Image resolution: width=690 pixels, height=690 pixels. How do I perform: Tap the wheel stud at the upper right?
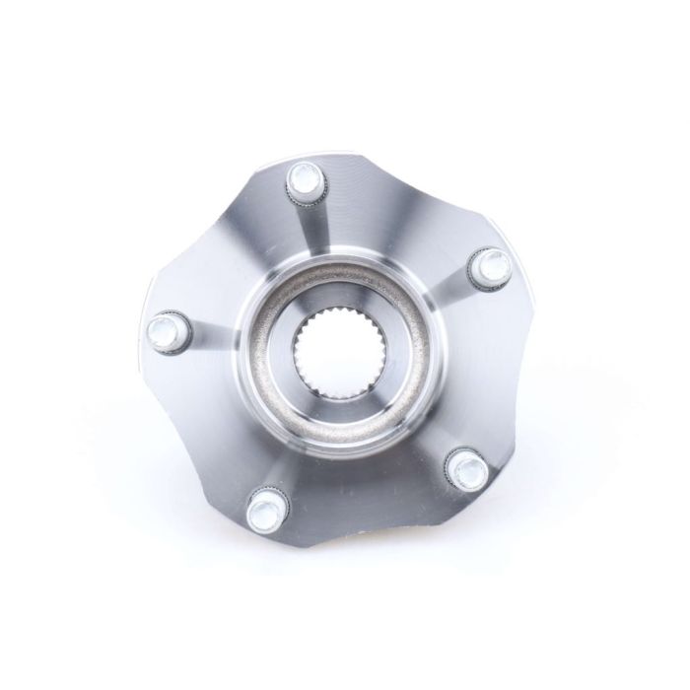click(x=490, y=264)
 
